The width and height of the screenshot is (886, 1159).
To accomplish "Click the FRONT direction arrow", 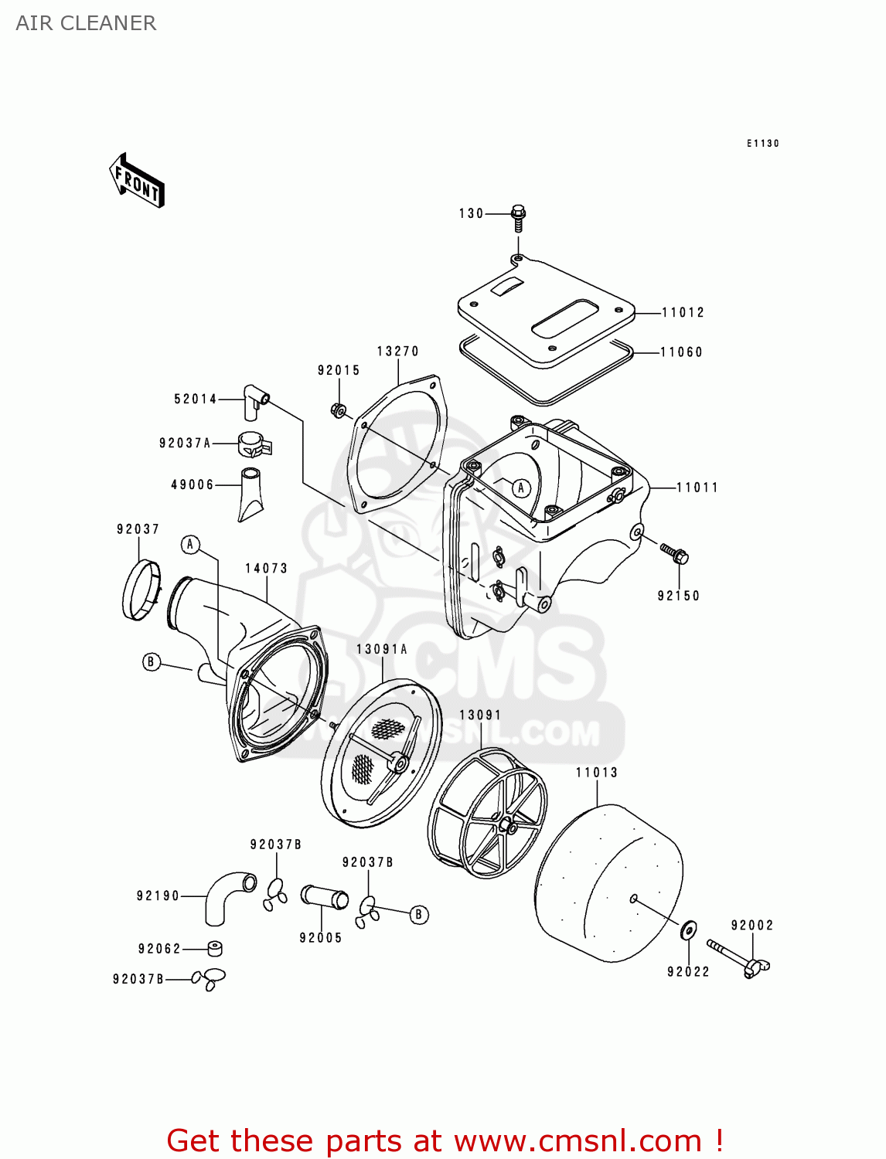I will pos(138,181).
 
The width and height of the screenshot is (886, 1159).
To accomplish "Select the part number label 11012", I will pos(683,312).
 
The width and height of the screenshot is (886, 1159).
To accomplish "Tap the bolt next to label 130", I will pos(519,217).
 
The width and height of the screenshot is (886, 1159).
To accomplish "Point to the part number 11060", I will pos(681,352).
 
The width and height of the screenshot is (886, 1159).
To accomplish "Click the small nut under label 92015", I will pos(338,410).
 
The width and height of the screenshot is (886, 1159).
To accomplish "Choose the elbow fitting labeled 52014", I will pos(254,399).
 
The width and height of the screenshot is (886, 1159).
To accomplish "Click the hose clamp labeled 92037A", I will pos(254,444).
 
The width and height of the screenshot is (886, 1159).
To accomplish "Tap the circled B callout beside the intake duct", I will pos(152,661).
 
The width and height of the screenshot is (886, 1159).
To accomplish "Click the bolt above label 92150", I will pos(674,553).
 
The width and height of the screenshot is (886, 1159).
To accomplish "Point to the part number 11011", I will pos(697,488).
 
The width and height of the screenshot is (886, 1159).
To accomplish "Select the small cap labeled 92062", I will pos(215,948).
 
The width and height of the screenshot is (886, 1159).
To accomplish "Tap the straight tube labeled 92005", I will pos(324,899).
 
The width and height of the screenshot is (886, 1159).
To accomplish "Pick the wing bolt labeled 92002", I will pos(740,958).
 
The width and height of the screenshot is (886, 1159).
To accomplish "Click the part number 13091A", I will pos(382,649).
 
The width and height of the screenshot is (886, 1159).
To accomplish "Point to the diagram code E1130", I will pos(762,144).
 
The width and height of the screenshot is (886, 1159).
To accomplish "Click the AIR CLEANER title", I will pos(86,23).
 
